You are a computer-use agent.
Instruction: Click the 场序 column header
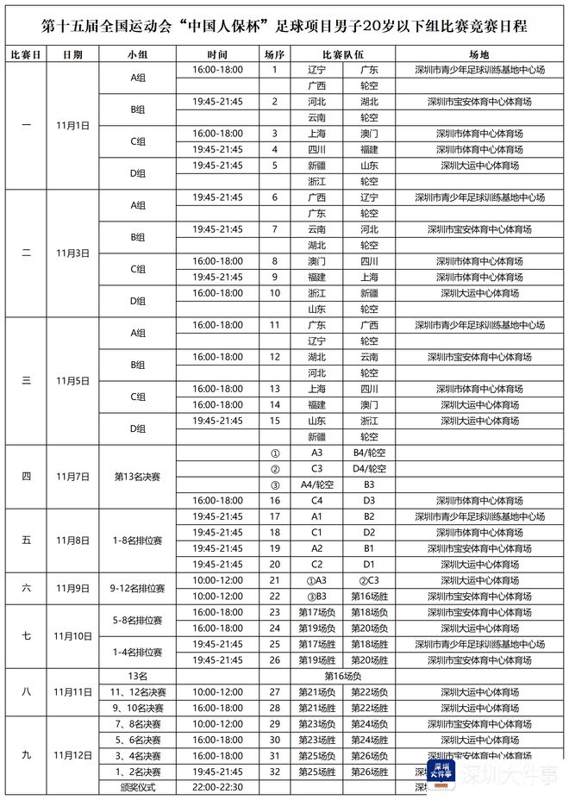(x=274, y=54)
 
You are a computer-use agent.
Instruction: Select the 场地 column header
(x=479, y=54)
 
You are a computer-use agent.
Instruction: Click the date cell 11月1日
(x=73, y=125)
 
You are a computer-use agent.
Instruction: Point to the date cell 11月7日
(x=73, y=476)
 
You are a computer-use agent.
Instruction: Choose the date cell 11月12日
(x=73, y=755)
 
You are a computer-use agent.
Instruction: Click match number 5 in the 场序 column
(x=274, y=166)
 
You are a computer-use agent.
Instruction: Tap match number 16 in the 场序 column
(x=274, y=500)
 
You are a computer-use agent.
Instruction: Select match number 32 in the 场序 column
(x=274, y=772)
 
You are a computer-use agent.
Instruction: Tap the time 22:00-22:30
(x=218, y=788)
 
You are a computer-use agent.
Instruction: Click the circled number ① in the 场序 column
(x=274, y=453)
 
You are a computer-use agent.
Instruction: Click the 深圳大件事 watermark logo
(x=442, y=770)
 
